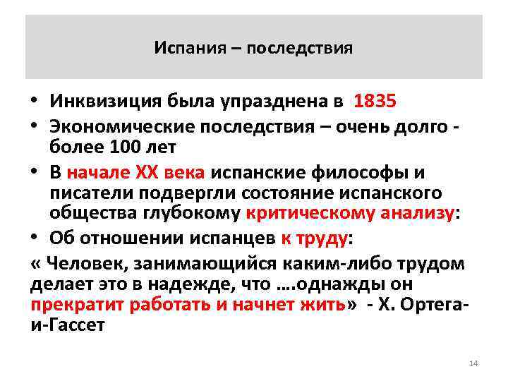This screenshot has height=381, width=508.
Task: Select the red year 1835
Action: (x=375, y=102)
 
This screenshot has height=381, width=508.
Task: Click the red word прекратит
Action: (x=71, y=306)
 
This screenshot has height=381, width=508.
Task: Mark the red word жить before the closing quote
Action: (x=322, y=306)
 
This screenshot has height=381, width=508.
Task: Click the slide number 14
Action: (x=473, y=363)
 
